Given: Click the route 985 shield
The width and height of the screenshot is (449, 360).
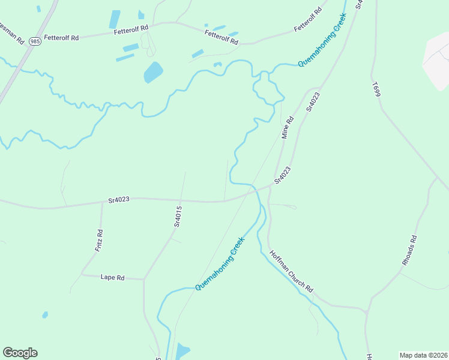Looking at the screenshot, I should (x=35, y=41).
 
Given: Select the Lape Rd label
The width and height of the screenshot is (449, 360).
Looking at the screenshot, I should (x=112, y=277).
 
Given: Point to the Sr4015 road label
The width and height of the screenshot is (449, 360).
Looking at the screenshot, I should (x=178, y=216).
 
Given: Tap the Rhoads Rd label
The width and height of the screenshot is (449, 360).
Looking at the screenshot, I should (x=409, y=251).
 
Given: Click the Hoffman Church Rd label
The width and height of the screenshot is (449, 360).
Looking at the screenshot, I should (x=291, y=271).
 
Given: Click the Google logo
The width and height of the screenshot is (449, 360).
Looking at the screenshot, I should (x=20, y=353).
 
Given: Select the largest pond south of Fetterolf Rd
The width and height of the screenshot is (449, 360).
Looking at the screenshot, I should (x=153, y=73).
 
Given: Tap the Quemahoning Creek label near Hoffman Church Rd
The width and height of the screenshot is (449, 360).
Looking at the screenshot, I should (x=220, y=264).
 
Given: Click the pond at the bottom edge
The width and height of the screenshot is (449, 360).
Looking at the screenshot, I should (x=182, y=351).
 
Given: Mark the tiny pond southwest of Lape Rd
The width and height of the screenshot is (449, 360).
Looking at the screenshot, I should (x=45, y=314).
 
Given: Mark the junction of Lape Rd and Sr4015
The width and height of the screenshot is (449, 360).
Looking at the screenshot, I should (x=143, y=279).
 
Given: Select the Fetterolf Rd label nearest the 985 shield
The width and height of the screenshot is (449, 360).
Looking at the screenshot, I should (x=62, y=38).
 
